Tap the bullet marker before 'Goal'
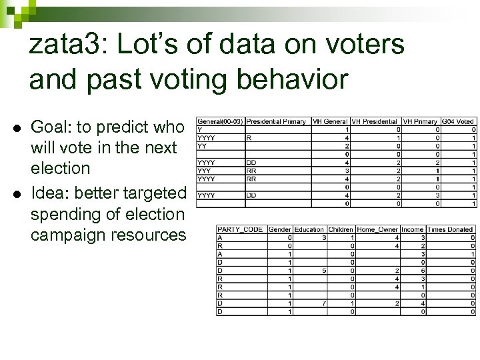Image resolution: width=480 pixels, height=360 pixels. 13,127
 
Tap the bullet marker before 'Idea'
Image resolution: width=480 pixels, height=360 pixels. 13,193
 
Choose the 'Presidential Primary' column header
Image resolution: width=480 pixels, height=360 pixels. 276,121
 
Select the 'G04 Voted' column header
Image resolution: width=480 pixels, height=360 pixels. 458,121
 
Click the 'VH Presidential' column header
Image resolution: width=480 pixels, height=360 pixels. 376,121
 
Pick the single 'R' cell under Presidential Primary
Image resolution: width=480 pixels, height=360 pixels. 249,138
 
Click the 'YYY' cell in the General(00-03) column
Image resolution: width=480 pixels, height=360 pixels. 205,171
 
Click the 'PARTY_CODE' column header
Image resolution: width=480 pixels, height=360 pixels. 240,229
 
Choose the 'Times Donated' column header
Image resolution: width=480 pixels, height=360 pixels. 450,229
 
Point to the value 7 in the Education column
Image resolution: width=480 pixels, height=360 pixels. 323,303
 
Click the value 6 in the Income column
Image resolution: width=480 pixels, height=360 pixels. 422,271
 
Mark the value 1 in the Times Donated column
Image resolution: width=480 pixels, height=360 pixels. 472,254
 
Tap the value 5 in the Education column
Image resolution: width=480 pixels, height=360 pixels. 323,271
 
